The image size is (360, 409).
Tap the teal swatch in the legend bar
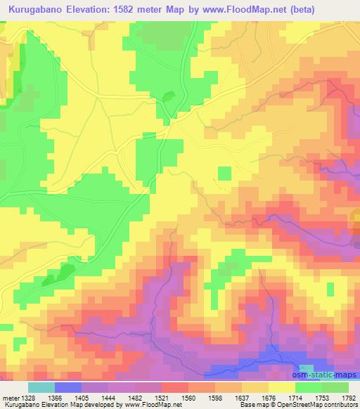[x=41, y=387]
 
